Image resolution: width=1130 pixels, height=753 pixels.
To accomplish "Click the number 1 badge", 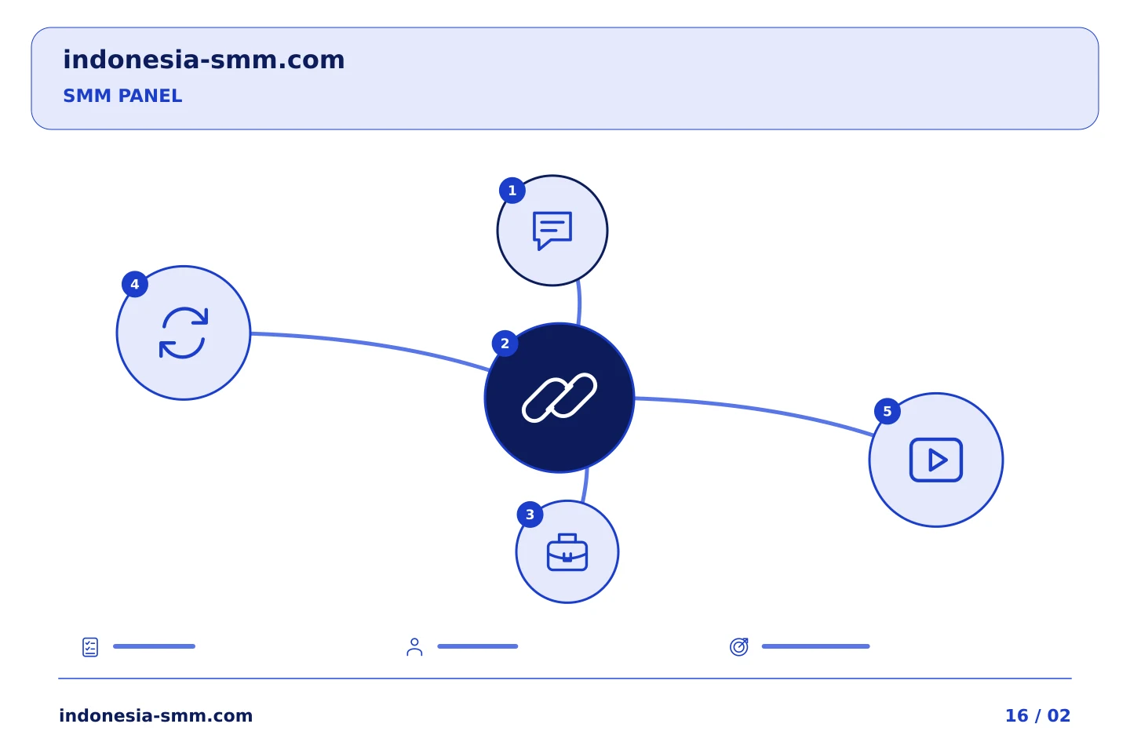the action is coord(512,191).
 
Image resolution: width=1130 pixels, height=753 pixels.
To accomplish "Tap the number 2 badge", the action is coord(505,344).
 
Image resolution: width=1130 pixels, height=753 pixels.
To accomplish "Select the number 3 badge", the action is coord(530,515).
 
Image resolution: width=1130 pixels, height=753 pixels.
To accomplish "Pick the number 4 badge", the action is coord(135,285).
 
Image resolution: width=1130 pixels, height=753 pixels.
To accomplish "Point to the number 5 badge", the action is coord(888,412).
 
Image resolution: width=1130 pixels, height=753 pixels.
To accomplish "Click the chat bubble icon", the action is coord(552,231).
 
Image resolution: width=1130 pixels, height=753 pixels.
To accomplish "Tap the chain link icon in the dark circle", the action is coord(560,398).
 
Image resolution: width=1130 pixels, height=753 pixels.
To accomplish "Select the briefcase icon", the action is coord(567,552).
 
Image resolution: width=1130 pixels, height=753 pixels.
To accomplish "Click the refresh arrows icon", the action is coord(184,333).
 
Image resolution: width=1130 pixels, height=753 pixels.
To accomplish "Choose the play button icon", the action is coord(936,460).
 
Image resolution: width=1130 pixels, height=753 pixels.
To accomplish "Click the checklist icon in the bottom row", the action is coord(90,647).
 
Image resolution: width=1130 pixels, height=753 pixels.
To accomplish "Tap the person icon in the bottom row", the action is coord(414,647).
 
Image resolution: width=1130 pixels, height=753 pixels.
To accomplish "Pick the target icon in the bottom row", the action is coord(739,646).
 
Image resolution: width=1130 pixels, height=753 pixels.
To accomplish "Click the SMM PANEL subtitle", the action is coord(122,96).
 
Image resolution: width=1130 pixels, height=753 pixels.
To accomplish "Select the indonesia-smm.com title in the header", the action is coord(204,60).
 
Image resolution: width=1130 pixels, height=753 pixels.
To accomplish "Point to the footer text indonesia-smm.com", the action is coord(156,715).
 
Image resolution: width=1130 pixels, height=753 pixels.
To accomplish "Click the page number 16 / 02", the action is coord(1037,715).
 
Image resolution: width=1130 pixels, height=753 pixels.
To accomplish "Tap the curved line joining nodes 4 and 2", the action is coord(370,344).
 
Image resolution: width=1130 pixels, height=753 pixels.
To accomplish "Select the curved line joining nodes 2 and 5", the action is coord(755,410).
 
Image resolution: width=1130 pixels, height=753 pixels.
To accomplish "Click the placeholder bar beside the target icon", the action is coord(816,646).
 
